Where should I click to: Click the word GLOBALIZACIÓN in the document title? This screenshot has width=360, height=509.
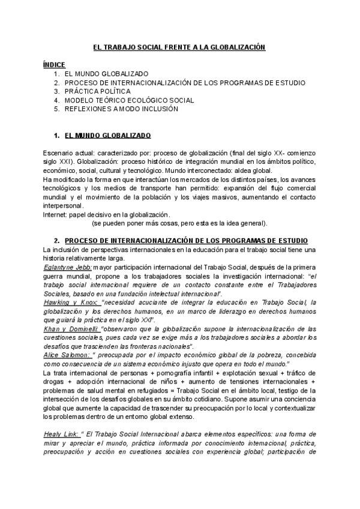coord(235,47)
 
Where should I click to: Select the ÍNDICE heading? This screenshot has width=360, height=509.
coord(54,64)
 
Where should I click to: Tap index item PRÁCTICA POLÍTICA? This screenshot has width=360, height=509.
coord(98,91)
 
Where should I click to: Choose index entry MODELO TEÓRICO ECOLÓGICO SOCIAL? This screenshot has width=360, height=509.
coord(129,100)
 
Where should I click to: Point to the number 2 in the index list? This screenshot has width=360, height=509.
coord(56,82)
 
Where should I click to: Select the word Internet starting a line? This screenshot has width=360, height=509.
coord(55,214)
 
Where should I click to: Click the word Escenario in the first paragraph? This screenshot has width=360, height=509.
coord(59,154)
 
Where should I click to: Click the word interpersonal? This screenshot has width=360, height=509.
coord(63,205)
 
